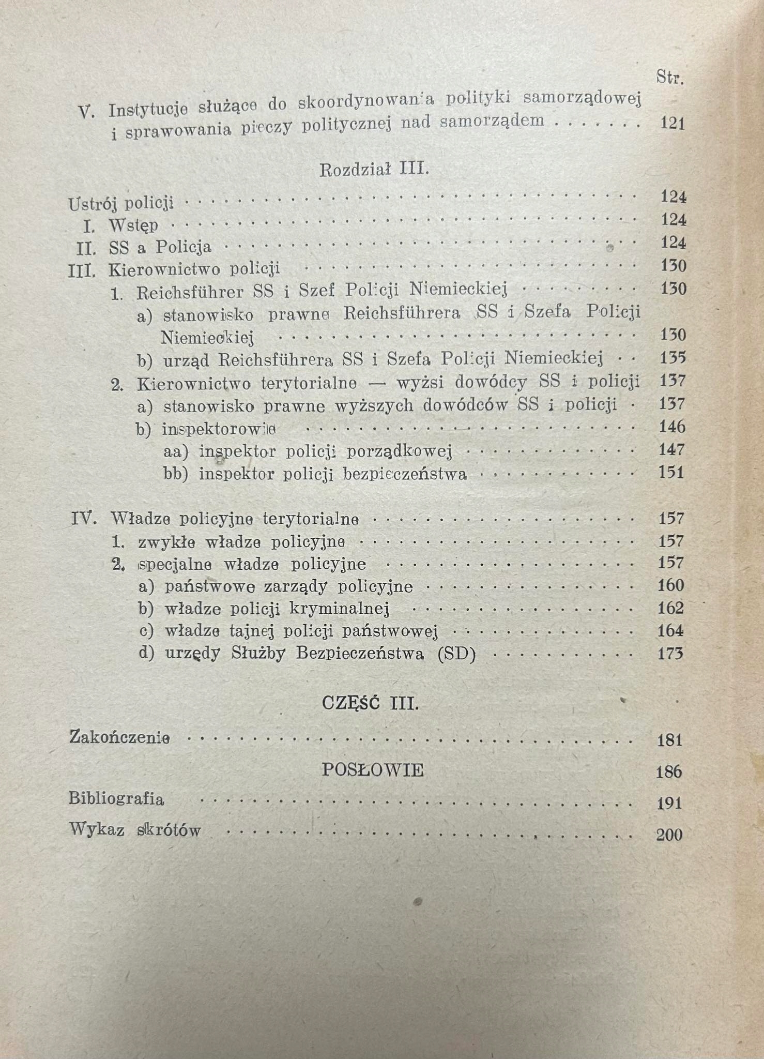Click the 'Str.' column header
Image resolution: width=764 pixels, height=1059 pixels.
coord(670,78)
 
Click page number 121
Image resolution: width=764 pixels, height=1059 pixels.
coord(673,124)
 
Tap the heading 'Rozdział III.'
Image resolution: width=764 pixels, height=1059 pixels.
coord(374,170)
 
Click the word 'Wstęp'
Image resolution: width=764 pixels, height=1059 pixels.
coord(133,226)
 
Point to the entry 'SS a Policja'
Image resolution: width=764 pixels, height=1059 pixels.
coord(160,248)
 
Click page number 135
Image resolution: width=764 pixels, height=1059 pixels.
coord(673,358)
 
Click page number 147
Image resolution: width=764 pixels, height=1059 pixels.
coord(672,450)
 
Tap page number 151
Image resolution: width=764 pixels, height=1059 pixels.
coord(671,473)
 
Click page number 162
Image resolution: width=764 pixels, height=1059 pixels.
coord(670,608)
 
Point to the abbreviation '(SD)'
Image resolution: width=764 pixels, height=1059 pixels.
coord(456,654)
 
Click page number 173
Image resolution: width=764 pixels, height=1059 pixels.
coord(670,654)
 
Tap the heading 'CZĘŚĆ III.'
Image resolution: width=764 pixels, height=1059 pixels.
coord(370,704)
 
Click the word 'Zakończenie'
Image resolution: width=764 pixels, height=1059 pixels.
coord(119,737)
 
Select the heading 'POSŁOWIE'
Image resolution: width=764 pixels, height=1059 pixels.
coord(373,770)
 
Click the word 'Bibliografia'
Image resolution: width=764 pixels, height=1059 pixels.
coord(116,799)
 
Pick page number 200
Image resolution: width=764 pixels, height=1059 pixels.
coord(669,835)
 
